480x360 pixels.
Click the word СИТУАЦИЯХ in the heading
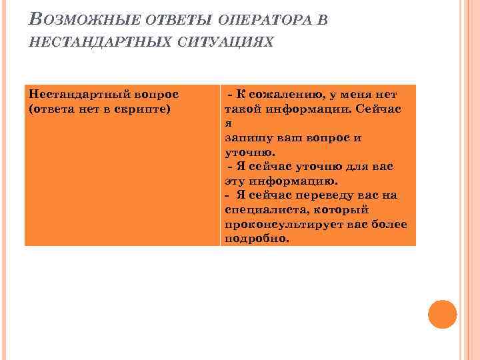click(x=225, y=43)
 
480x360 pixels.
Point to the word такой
click(x=241, y=108)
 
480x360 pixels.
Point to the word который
click(x=343, y=209)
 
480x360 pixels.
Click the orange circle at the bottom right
click(x=442, y=314)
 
